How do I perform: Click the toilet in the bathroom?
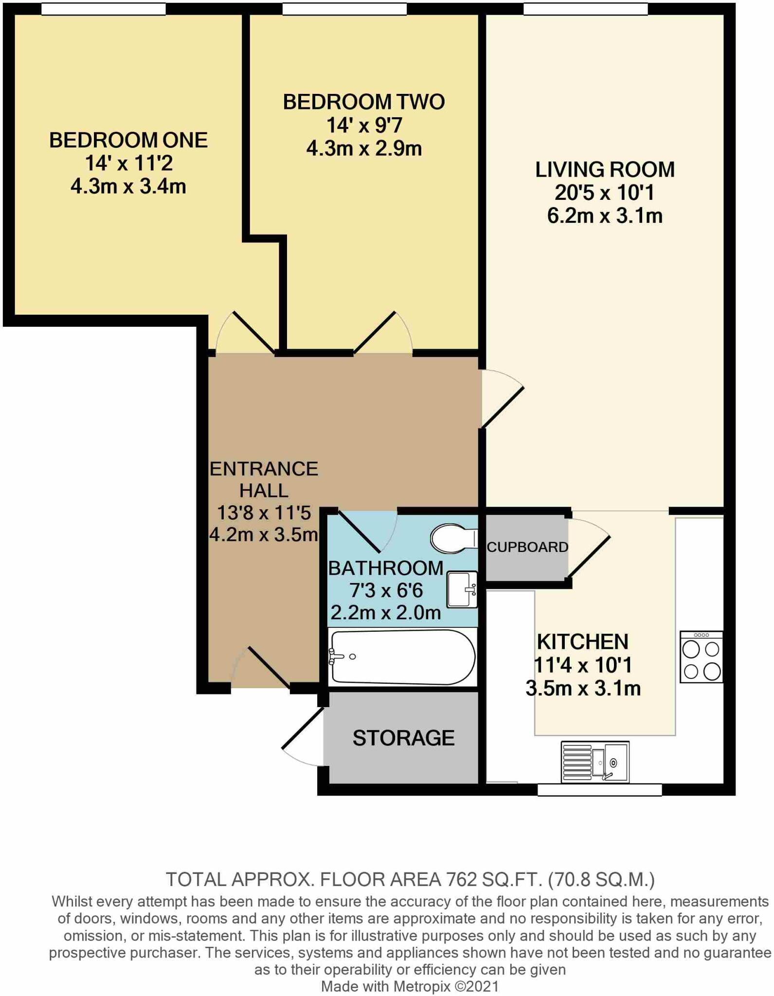click(452, 538)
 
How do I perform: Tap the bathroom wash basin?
click(461, 589)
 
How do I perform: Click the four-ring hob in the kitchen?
click(701, 657)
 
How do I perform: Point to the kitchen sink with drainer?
click(594, 762)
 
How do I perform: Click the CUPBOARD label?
click(527, 547)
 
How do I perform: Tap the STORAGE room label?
click(403, 738)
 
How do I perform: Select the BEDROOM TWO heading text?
click(363, 102)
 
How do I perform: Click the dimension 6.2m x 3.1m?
click(605, 215)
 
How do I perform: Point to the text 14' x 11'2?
click(128, 163)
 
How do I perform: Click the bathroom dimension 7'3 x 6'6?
click(386, 590)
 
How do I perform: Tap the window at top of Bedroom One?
click(103, 9)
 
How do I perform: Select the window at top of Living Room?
click(585, 9)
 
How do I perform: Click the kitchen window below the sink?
click(599, 790)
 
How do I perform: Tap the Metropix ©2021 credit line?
click(410, 986)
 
